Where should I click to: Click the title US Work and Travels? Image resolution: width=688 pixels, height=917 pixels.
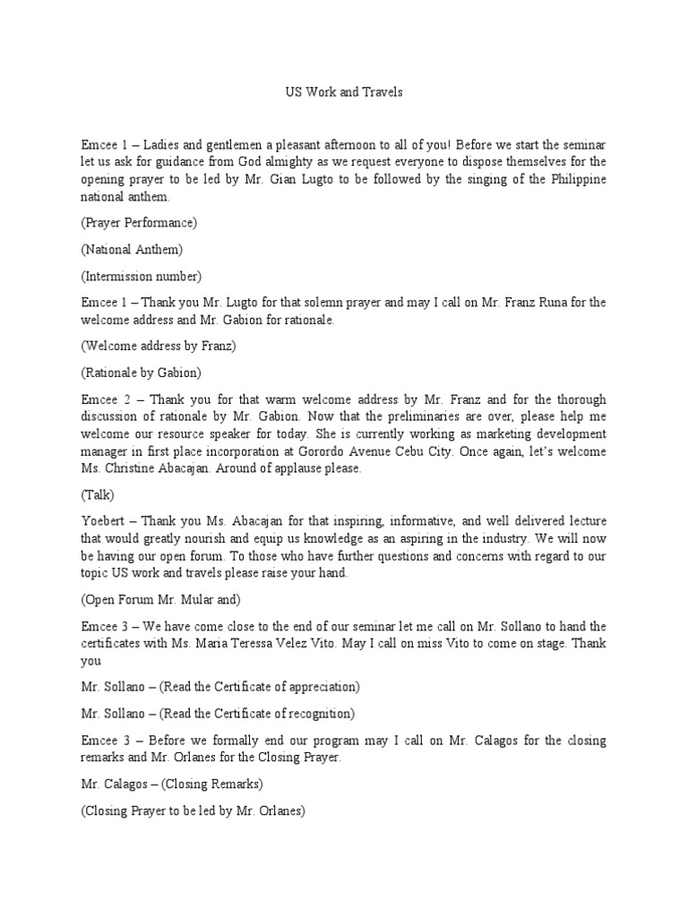click(344, 92)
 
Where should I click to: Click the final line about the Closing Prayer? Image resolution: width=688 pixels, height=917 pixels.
click(193, 811)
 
